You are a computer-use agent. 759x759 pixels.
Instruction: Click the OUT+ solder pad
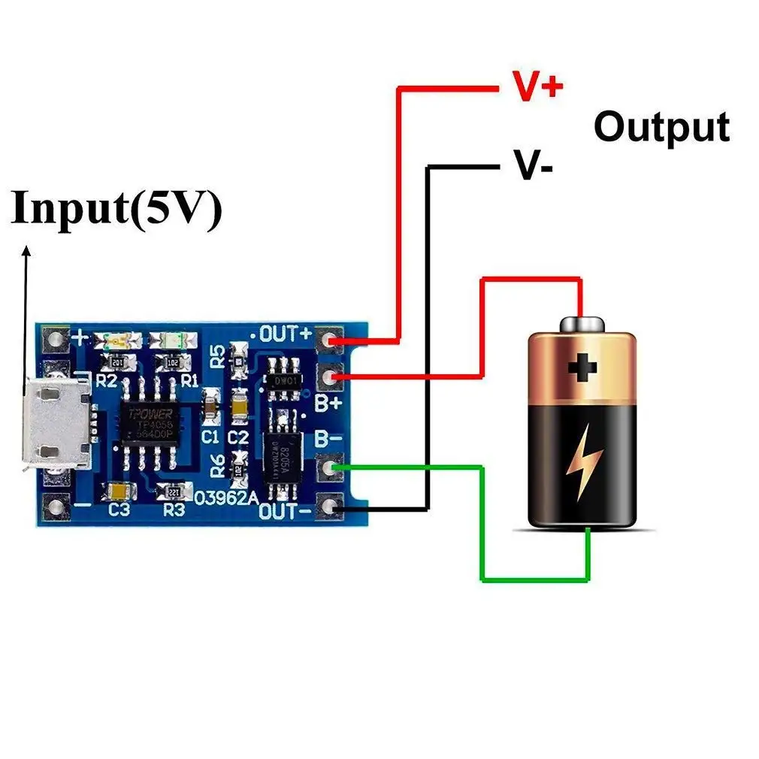[329, 342]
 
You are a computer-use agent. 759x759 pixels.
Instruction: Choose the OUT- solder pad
[329, 509]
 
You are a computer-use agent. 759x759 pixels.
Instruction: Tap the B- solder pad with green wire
[329, 469]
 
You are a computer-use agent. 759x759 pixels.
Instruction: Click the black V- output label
[533, 165]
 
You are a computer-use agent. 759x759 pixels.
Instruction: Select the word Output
[661, 127]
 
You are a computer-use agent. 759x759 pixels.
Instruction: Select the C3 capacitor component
[121, 491]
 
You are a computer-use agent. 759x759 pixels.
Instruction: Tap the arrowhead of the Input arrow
[26, 252]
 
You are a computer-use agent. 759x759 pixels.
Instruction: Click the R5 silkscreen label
[217, 355]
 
